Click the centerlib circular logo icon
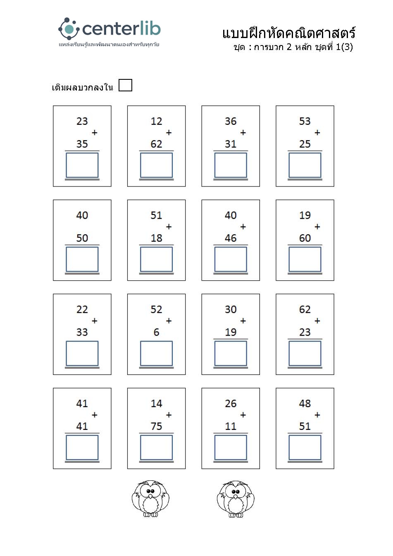point(69,28)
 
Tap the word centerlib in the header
point(121,29)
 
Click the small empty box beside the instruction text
point(125,85)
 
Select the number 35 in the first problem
point(82,144)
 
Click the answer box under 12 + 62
point(156,165)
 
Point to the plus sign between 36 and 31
point(243,133)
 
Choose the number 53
point(305,121)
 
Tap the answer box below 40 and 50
point(82,259)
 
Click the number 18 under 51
point(156,238)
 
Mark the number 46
point(231,238)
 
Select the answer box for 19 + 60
point(305,259)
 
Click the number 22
point(82,309)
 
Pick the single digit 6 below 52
point(156,332)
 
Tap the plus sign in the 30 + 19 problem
point(243,321)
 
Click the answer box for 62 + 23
point(305,353)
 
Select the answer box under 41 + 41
point(82,447)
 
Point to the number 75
point(156,426)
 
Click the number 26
point(231,403)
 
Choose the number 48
point(305,403)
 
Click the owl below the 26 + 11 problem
point(236,499)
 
